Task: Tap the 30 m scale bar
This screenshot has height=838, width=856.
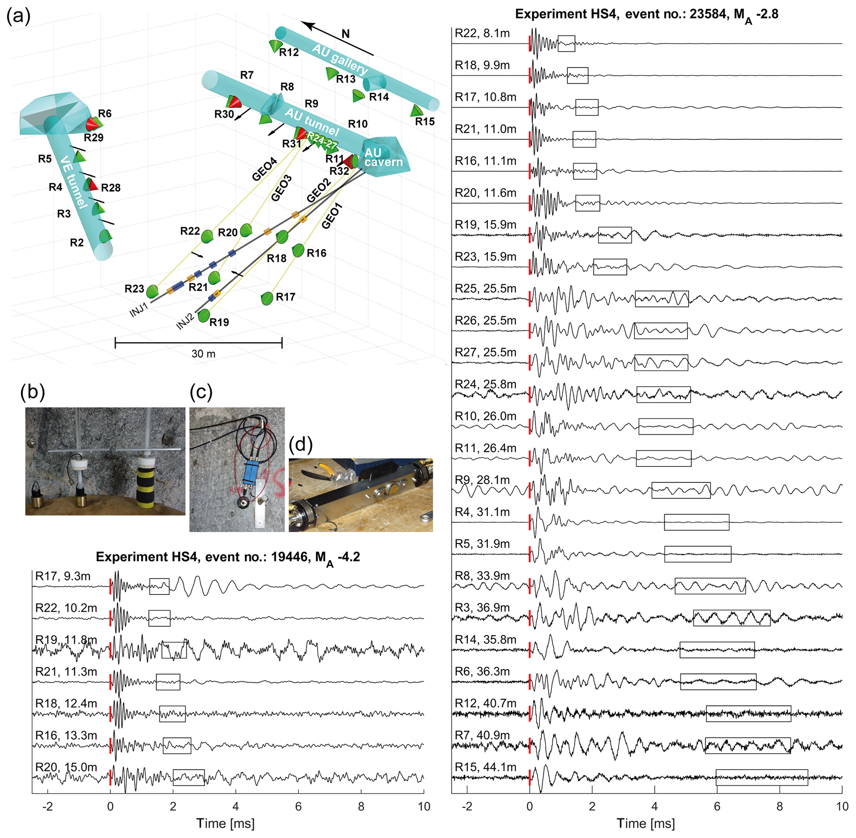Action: (198, 343)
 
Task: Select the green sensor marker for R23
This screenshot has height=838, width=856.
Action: (152, 291)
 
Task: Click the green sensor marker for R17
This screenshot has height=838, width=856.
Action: (267, 298)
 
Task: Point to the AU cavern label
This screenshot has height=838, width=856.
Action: (383, 157)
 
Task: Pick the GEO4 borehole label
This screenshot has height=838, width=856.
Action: (264, 169)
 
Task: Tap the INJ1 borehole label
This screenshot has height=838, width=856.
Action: (139, 309)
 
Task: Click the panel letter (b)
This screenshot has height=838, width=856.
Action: (33, 392)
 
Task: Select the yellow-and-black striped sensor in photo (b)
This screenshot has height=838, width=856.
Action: (146, 484)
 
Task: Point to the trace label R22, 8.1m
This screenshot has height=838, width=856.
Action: (482, 34)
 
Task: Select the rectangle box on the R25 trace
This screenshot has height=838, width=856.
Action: (661, 299)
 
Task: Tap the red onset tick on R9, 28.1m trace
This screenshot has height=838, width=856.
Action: (529, 490)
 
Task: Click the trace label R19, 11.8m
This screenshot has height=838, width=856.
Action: (66, 640)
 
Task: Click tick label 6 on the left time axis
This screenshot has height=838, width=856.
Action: (299, 806)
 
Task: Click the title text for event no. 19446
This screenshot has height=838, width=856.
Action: (227, 557)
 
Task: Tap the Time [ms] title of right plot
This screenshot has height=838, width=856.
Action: (646, 824)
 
